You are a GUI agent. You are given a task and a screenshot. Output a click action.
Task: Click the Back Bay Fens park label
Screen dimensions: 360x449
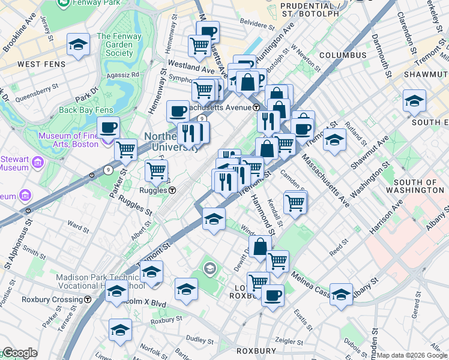pos(86,110)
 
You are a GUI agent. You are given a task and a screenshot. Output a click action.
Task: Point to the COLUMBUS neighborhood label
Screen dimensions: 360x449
pos(343,55)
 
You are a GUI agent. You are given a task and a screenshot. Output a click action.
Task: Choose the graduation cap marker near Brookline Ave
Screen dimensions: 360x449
pos(78,45)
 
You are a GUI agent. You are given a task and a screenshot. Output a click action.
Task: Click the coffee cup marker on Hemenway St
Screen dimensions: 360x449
pos(178,111)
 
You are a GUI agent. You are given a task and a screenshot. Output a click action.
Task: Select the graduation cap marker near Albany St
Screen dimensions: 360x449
pos(341,294)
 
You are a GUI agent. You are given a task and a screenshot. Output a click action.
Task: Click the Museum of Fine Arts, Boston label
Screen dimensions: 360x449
pos(68,140)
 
